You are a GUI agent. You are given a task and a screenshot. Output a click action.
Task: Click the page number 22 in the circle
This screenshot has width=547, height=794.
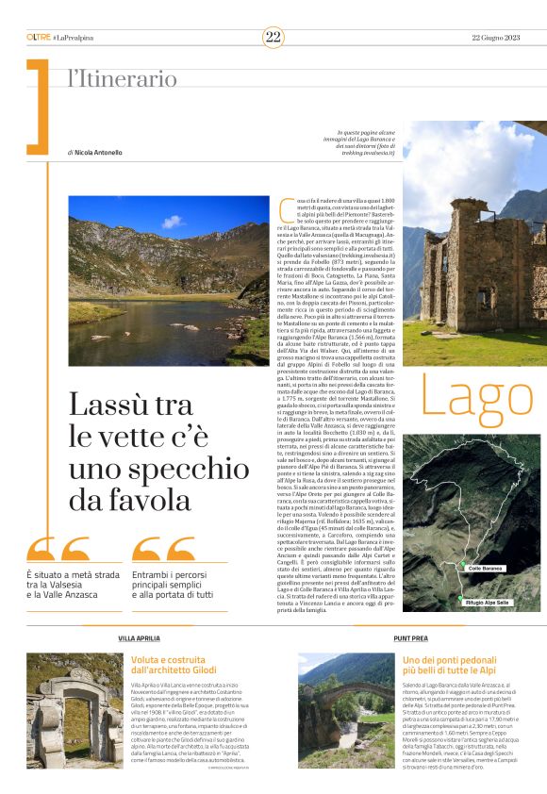273,37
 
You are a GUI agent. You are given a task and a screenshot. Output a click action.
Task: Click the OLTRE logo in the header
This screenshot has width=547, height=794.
39,37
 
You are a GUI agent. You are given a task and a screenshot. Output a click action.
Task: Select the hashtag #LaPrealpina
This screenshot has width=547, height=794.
75,37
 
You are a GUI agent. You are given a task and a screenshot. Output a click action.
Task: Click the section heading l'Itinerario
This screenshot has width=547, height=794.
122,80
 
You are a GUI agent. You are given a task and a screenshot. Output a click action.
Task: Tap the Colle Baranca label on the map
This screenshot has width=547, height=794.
487,569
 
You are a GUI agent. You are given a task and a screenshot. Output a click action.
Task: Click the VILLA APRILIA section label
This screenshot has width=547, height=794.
138,638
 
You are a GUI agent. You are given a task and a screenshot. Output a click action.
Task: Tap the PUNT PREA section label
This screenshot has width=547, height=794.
408,638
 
